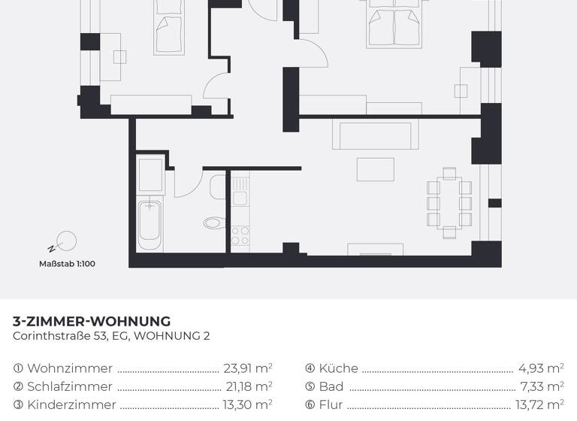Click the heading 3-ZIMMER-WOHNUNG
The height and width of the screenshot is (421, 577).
point(92,322)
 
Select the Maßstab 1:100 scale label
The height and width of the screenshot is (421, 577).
point(67,264)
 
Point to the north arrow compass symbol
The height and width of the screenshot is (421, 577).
point(65,241)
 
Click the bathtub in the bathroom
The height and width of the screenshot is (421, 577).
point(150,219)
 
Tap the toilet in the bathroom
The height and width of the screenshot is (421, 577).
point(213,223)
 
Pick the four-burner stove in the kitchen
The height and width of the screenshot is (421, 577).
point(240,235)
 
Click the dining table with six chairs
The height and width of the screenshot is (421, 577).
point(449,198)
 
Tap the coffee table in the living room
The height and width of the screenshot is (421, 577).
point(374,169)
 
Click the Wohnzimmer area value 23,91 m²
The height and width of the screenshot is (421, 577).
point(247,368)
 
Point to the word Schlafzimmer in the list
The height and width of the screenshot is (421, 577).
point(70,386)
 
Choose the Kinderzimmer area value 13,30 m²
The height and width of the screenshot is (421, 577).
point(247,404)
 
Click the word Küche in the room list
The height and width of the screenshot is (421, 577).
point(339,368)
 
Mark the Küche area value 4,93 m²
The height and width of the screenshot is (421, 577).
point(541,368)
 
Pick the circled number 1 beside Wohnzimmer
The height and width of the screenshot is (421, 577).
point(18,369)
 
